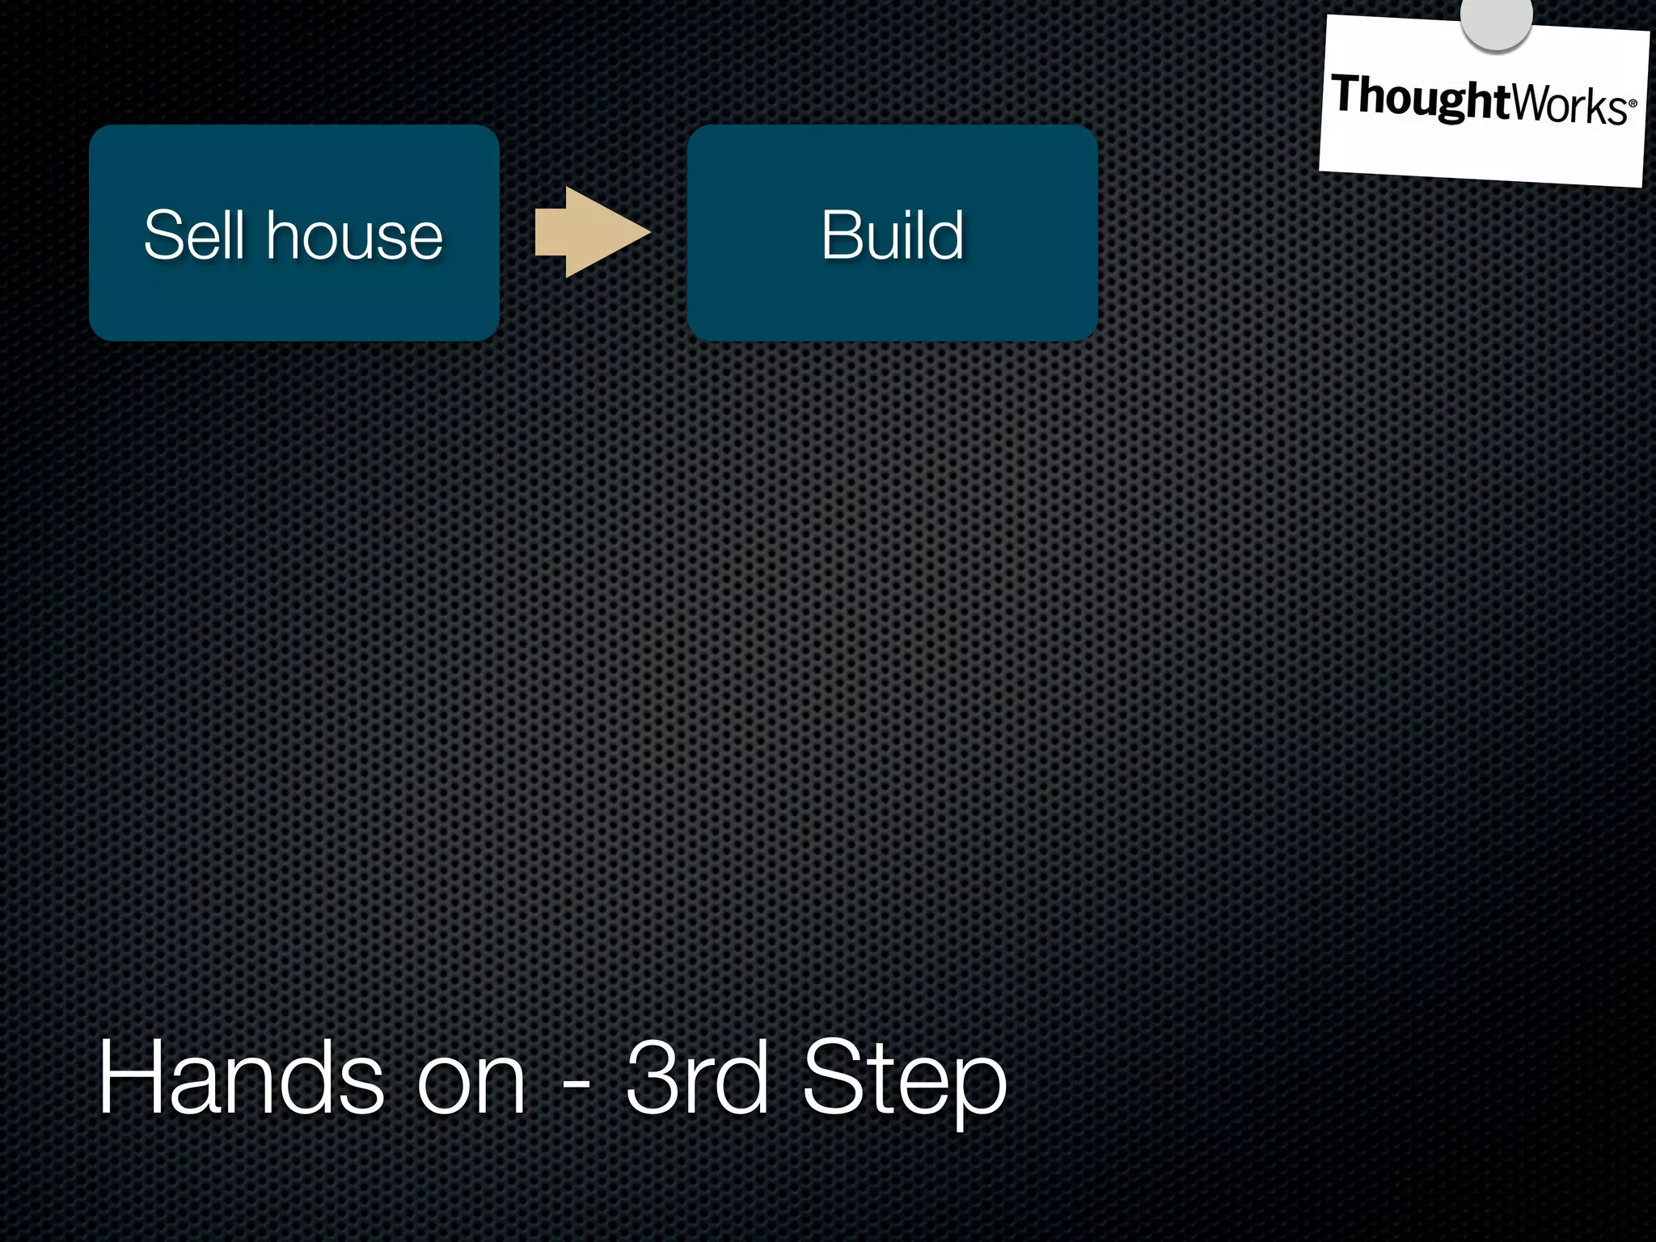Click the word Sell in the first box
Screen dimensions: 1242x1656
[x=194, y=235]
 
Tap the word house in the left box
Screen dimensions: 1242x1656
[x=355, y=235]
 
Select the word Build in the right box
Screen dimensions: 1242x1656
[x=892, y=235]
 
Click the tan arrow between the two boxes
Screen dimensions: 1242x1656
[x=591, y=233]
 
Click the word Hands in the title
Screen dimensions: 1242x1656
[x=241, y=1079]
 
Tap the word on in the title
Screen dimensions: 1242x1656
[x=471, y=1080]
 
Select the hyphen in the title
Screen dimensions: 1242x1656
[x=576, y=1083]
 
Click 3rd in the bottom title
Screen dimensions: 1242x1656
[x=697, y=1079]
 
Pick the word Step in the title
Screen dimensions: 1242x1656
[x=904, y=1080]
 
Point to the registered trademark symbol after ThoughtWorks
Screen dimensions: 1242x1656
[x=1633, y=104]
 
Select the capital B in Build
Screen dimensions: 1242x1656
[x=841, y=235]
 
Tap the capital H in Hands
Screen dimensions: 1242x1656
[x=131, y=1079]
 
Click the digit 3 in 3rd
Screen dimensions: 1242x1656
[x=653, y=1079]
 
